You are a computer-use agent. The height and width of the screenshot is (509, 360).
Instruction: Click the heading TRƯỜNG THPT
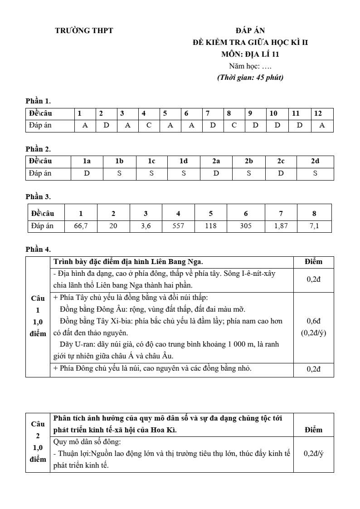pyautogui.click(x=84, y=31)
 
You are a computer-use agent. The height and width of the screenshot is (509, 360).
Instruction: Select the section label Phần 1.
pyautogui.click(x=38, y=101)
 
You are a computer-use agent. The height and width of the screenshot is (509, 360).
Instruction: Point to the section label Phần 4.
pyautogui.click(x=38, y=249)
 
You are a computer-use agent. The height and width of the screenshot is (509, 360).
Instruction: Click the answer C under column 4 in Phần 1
pyautogui.click(x=148, y=126)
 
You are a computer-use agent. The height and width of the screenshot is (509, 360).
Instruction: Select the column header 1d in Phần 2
pyautogui.click(x=183, y=161)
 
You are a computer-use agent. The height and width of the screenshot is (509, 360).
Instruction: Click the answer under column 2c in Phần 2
pyautogui.click(x=281, y=173)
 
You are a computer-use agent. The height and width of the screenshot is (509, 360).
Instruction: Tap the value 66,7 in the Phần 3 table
pyautogui.click(x=81, y=226)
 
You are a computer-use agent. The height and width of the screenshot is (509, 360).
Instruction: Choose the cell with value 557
pyautogui.click(x=178, y=226)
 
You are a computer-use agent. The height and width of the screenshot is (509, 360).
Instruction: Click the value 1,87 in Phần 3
pyautogui.click(x=281, y=226)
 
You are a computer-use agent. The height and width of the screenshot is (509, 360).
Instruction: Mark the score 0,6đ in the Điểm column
pyautogui.click(x=314, y=321)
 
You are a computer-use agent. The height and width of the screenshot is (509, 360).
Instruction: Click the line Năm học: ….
pyautogui.click(x=250, y=66)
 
